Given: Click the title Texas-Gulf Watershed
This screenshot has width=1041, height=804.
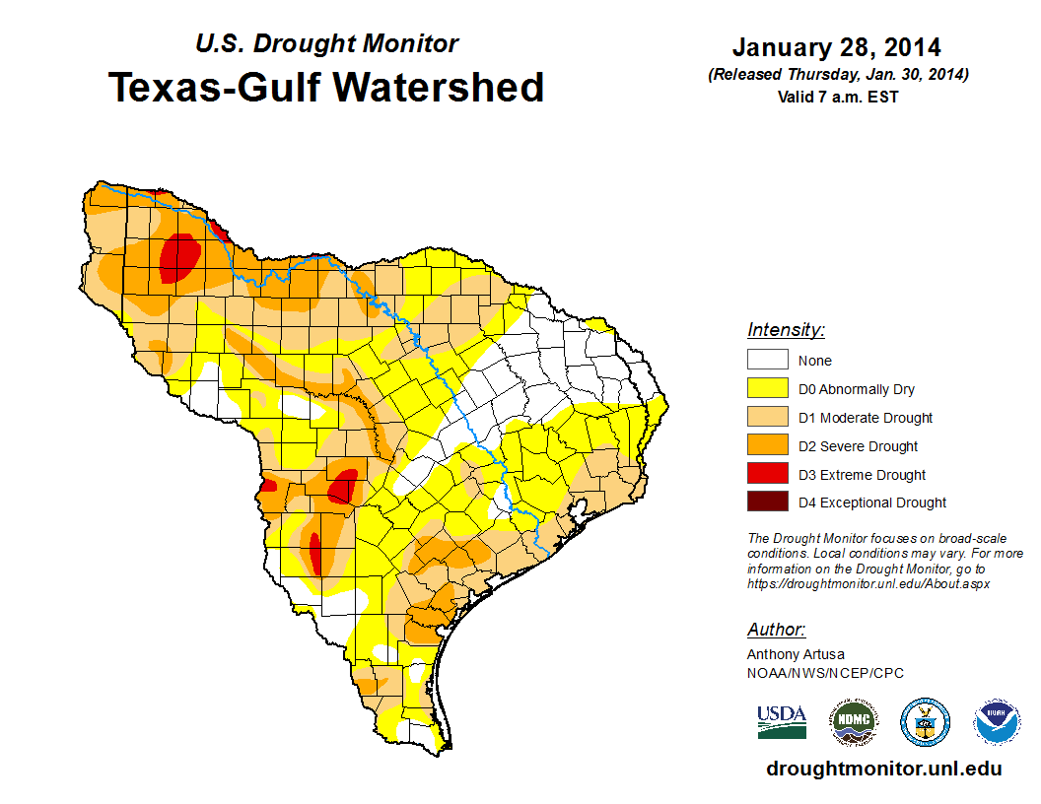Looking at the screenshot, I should pos(325,88).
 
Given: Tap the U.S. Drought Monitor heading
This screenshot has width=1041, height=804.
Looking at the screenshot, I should pos(326,44).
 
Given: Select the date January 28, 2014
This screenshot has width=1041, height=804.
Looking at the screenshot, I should pos(836,47).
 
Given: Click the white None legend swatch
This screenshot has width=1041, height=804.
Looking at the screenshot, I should pos(767,361).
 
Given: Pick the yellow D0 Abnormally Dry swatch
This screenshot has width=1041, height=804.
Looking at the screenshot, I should pos(767,389).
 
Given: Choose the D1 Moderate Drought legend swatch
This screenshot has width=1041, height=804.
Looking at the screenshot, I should pos(767,418).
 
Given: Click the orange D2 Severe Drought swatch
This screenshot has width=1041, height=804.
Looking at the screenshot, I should pos(767,446).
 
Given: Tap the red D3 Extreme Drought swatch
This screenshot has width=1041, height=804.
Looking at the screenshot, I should pos(767,475).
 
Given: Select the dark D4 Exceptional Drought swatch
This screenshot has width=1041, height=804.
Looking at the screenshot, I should pos(767,502).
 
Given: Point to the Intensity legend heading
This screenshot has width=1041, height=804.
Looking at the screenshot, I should pos(786,330).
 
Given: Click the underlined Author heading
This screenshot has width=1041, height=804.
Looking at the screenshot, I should pos(776,630).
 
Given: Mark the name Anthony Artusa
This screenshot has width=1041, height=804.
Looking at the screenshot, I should pos(796,654).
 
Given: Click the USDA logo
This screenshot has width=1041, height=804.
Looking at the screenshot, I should pos(782,721).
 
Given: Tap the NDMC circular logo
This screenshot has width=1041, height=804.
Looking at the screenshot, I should pos(853,722).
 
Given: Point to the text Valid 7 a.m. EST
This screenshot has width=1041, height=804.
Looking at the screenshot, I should pos(836,97).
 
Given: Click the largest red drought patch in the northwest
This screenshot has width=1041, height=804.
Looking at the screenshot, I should pos(179,258).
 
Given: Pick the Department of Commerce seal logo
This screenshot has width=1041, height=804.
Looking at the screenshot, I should pos(925,722).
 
